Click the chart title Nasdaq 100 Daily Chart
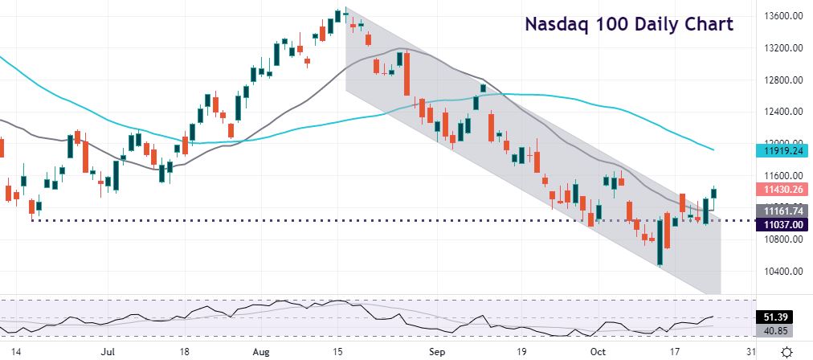[629, 24]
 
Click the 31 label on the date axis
[750, 351]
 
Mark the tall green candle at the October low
[660, 241]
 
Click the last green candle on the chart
[714, 192]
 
